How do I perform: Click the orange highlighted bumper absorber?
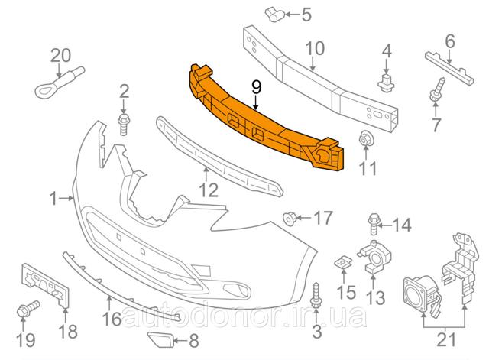click(x=265, y=122)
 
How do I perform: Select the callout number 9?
click(x=256, y=88)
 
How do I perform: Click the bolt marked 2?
click(x=124, y=125)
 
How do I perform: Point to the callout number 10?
click(x=315, y=48)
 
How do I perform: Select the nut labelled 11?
click(x=365, y=138)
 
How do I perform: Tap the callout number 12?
click(x=208, y=190)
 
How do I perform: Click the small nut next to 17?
click(x=289, y=218)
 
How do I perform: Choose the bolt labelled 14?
click(x=374, y=223)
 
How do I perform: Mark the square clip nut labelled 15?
click(x=343, y=263)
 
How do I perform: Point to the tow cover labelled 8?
click(x=160, y=339)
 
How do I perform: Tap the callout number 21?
click(x=446, y=339)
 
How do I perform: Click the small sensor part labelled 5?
click(x=274, y=15)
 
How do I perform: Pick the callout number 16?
click(x=112, y=319)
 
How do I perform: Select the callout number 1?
click(x=53, y=199)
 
